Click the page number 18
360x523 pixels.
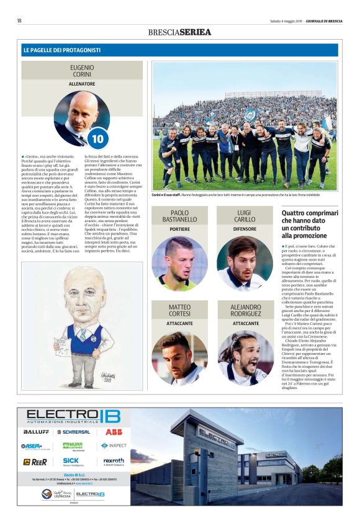coord(20,20)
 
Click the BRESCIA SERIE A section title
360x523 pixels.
coord(179,32)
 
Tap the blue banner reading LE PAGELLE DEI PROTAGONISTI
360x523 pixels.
coord(180,50)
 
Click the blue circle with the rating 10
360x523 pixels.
coord(98,138)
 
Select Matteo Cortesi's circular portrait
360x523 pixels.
coord(179,358)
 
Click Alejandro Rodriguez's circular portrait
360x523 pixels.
coord(245,358)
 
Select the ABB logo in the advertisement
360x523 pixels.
coord(113,431)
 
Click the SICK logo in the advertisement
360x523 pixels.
coord(71,461)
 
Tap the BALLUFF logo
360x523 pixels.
coord(36,431)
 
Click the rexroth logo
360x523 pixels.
coord(113,461)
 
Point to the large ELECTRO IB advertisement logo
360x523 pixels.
coord(73,415)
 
